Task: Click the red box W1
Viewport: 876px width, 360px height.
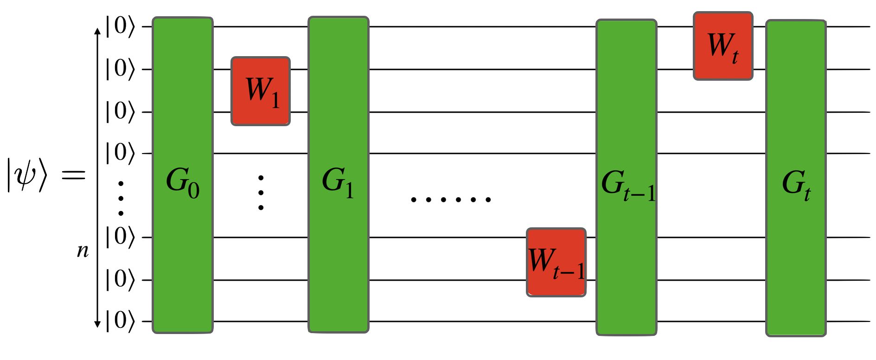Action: tap(261, 91)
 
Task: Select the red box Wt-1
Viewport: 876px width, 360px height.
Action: tap(556, 262)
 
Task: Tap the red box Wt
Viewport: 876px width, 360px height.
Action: tap(723, 46)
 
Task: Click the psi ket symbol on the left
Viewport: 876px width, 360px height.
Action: tap(27, 175)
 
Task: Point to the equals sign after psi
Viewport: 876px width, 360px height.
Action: tap(74, 175)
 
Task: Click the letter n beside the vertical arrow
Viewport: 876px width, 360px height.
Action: tap(83, 251)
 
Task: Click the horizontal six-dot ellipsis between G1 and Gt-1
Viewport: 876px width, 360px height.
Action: tap(451, 200)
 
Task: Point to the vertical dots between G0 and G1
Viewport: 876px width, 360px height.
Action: tap(261, 193)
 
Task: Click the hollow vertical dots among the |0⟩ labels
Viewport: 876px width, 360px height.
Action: tap(121, 199)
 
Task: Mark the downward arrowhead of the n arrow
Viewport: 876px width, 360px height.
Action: tap(97, 324)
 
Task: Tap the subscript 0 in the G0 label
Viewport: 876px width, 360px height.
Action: tap(194, 190)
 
